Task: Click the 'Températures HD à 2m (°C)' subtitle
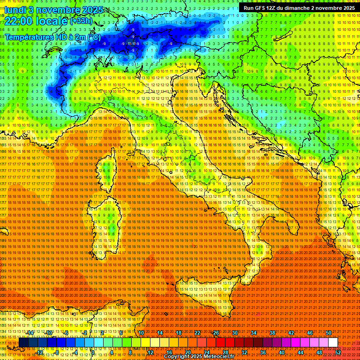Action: (x=52, y=37)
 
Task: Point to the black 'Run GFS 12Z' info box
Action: (x=299, y=7)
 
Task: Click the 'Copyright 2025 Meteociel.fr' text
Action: (x=199, y=357)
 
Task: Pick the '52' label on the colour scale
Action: (x=338, y=352)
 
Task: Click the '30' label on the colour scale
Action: (x=234, y=333)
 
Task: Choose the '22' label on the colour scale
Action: (x=197, y=333)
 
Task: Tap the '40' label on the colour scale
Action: (x=281, y=352)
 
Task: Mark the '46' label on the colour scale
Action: (x=309, y=333)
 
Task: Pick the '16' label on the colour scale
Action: (x=169, y=352)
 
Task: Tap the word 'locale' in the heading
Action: (x=53, y=21)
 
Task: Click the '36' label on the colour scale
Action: (x=262, y=352)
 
